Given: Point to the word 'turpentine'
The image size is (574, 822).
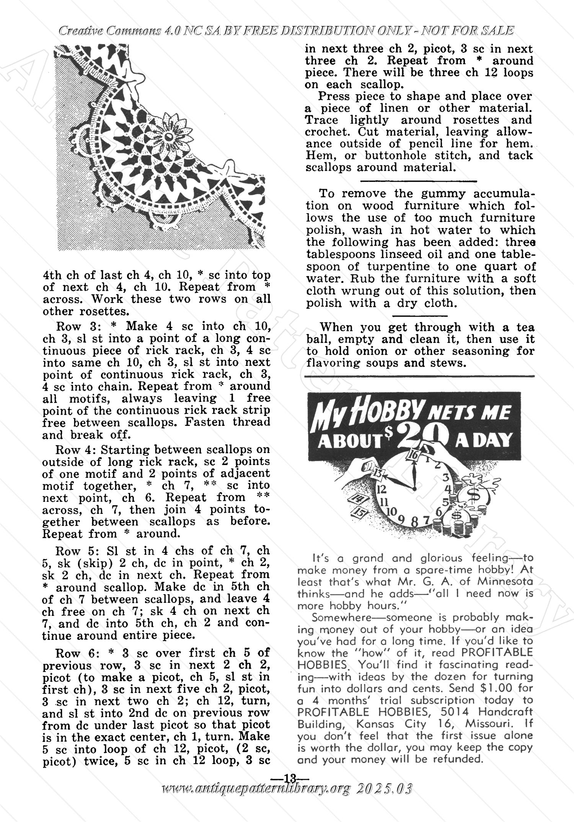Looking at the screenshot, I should pyautogui.click(x=400, y=266).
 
